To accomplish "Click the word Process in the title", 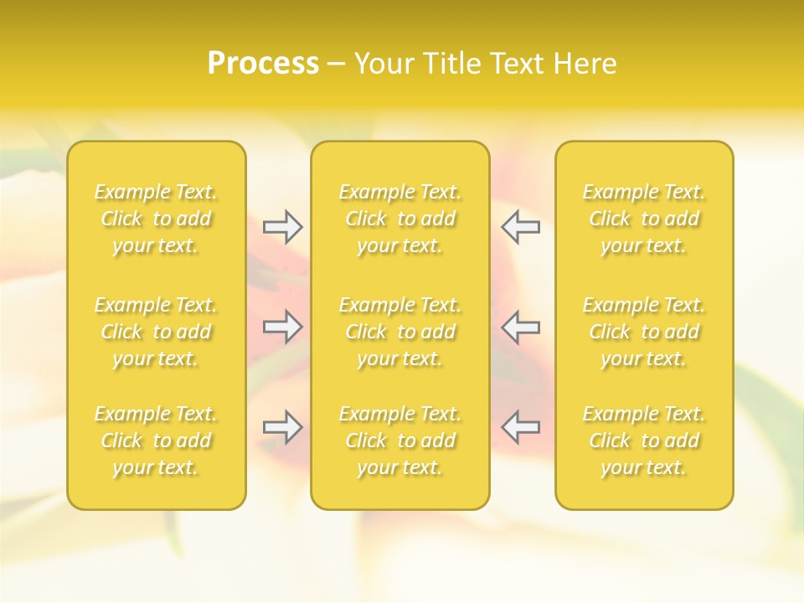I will (x=263, y=64).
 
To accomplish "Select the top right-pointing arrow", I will (x=282, y=226).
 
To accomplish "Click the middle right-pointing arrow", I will (x=282, y=327).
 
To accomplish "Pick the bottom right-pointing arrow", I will (x=282, y=427).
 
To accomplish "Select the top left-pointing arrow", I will (x=520, y=226).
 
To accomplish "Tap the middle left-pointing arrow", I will (x=520, y=327).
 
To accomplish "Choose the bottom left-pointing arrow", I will (x=520, y=427).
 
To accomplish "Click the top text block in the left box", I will (x=156, y=219).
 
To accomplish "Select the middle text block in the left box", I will (x=156, y=332).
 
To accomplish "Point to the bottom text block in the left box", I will (x=156, y=441).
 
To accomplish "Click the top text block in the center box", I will (x=400, y=219).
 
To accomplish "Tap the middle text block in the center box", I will (x=400, y=332).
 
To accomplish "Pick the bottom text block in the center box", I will (x=400, y=441).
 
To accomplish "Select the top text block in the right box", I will (x=644, y=219).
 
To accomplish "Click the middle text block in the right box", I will (x=644, y=332).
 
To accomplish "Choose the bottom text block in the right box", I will (x=644, y=441).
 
